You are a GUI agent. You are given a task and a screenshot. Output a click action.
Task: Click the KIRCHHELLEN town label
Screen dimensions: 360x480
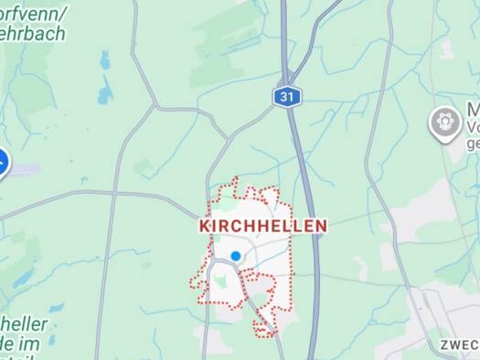point(262,226)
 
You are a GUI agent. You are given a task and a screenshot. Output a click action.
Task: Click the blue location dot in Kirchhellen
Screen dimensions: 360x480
point(236,257)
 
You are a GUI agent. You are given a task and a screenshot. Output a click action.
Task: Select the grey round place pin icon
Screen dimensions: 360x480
point(444,122)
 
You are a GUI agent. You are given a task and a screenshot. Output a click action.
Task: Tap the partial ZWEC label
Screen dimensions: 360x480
point(458,344)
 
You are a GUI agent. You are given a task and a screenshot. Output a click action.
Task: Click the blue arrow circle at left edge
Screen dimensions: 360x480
point(2,164)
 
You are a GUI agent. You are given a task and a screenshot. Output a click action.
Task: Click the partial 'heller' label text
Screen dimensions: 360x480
point(24,324)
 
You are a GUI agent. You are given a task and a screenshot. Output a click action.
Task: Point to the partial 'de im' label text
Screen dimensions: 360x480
point(20,344)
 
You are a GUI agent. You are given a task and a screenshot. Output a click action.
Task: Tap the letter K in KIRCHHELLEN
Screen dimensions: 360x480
point(204,226)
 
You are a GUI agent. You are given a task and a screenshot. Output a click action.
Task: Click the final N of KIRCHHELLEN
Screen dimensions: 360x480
point(321,226)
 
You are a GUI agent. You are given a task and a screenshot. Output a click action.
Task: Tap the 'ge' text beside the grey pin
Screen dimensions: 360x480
point(473,143)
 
